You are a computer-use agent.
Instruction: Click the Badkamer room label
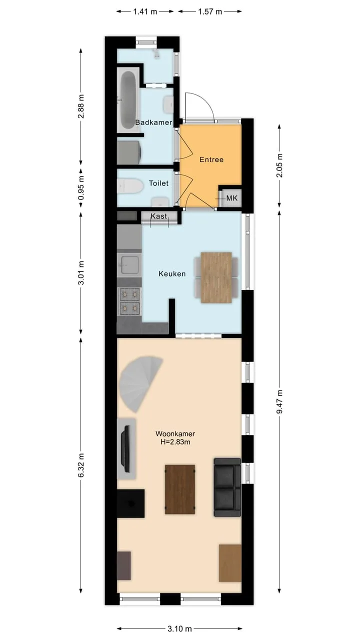tap(153, 122)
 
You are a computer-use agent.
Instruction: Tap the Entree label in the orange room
tap(211, 159)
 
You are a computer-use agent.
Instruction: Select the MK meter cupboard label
tap(231, 197)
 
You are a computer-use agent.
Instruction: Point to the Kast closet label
tap(159, 216)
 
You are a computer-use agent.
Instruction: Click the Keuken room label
tap(172, 273)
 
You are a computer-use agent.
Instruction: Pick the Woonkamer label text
tap(175, 433)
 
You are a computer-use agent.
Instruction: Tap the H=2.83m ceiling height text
tap(175, 442)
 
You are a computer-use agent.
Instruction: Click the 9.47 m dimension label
tap(279, 401)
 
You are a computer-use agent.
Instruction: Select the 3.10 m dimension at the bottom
tap(179, 628)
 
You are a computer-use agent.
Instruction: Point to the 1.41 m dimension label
tap(145, 11)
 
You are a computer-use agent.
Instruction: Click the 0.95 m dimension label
tap(81, 188)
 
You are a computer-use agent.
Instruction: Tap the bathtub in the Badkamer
tap(127, 100)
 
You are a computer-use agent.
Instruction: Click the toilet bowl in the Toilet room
tap(130, 185)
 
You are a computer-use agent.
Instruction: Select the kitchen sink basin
tap(129, 264)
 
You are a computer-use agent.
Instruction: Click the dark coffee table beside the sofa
tap(180, 489)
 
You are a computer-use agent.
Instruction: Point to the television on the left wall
tap(126, 449)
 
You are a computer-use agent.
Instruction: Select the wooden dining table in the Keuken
tap(216, 277)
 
